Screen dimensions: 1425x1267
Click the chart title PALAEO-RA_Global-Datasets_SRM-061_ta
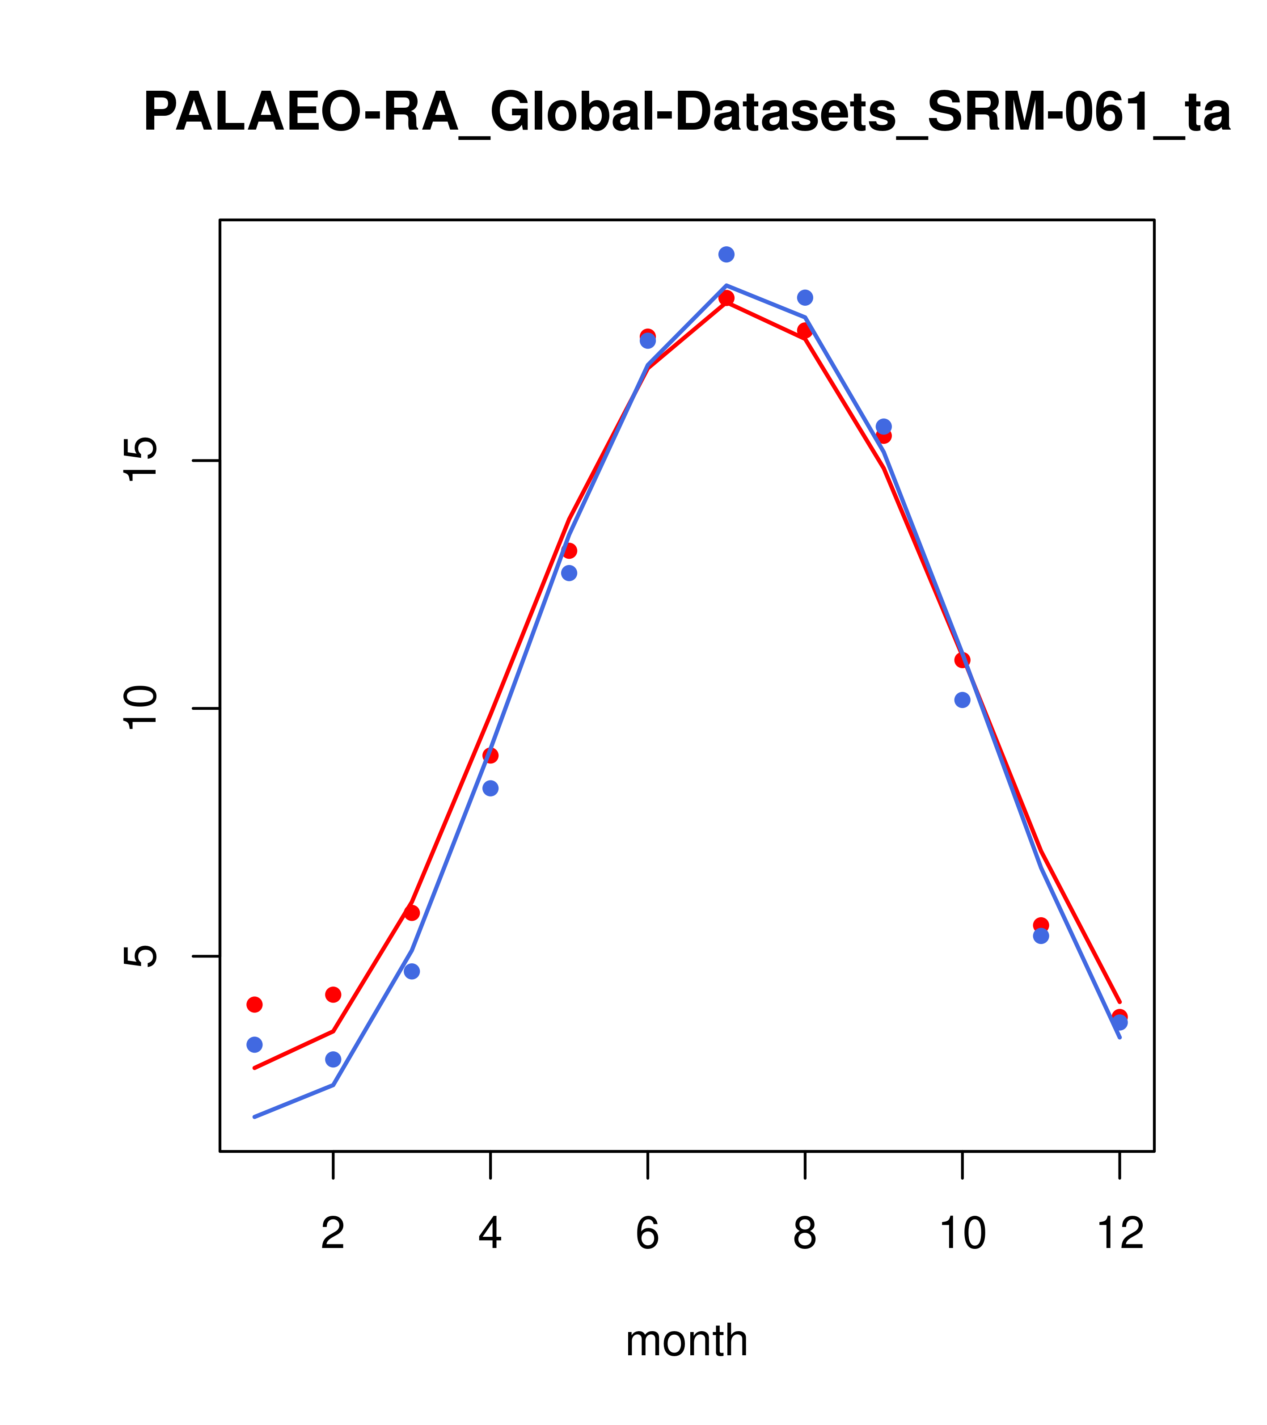point(687,113)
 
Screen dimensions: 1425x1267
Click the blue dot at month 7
point(726,254)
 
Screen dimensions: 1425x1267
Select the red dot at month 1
point(254,1005)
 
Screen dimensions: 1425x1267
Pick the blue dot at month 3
point(412,971)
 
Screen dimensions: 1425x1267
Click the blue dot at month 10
point(962,700)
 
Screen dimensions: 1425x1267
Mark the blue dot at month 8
point(805,298)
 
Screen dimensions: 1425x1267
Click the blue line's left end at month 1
point(255,1117)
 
